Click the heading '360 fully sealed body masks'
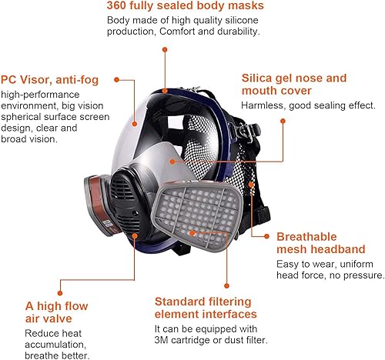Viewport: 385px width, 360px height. [x=185, y=5]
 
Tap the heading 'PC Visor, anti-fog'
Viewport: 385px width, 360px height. [x=49, y=80]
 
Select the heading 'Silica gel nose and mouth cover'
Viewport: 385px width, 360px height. [x=294, y=85]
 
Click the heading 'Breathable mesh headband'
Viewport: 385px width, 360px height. [x=321, y=243]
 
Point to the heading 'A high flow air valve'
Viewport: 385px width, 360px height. [x=56, y=312]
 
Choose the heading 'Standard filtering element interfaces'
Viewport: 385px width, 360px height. [x=206, y=308]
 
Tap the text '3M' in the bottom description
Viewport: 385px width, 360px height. [x=162, y=340]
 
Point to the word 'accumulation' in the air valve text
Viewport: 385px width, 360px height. [x=55, y=345]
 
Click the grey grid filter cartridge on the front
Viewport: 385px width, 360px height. [x=197, y=215]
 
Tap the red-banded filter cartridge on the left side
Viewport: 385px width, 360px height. [x=99, y=204]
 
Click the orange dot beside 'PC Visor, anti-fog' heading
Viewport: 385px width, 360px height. [x=117, y=80]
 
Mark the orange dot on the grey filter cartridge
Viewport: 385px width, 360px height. [x=192, y=233]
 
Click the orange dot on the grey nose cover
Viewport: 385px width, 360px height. [x=172, y=162]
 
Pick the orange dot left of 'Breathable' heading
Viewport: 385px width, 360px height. [x=266, y=236]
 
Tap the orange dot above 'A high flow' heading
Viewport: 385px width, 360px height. [x=60, y=293]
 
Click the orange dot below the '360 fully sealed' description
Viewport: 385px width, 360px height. [x=165, y=49]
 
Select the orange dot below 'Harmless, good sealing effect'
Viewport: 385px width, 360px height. [x=283, y=121]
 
